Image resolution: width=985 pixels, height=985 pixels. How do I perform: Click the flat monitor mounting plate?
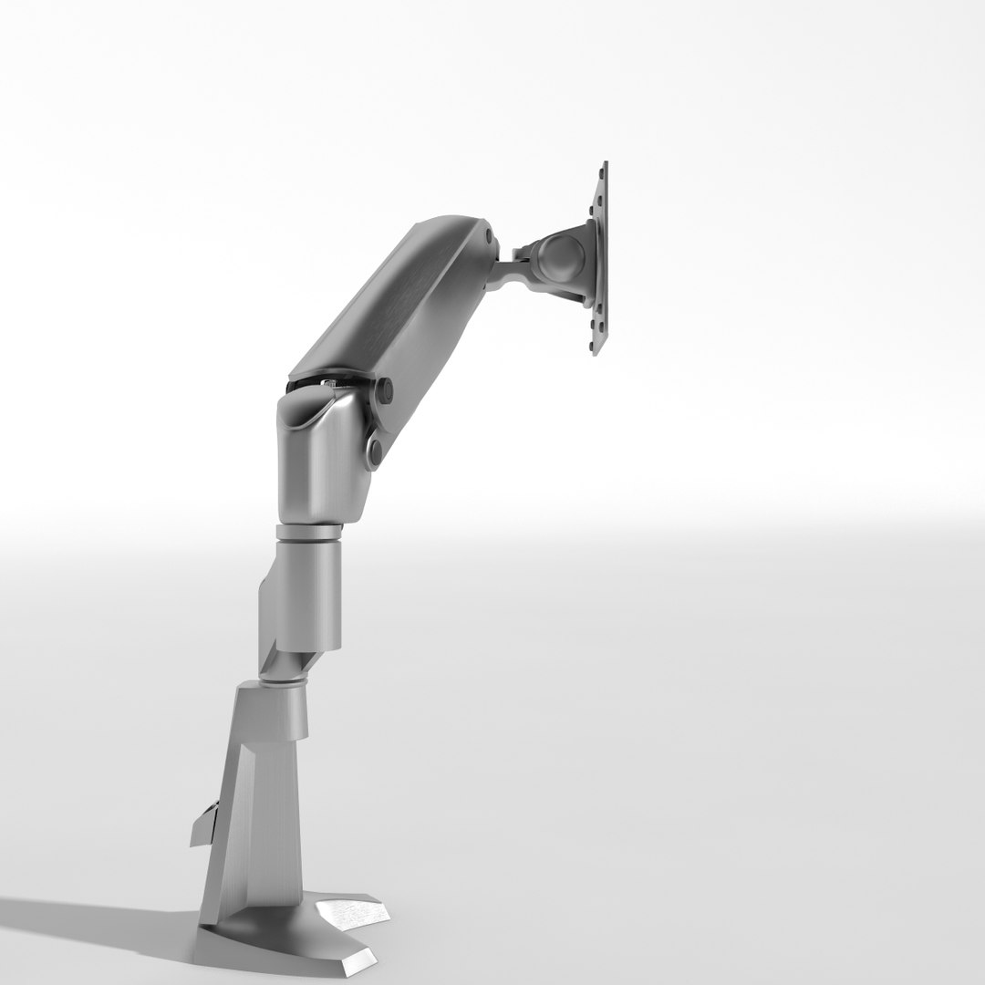(600, 260)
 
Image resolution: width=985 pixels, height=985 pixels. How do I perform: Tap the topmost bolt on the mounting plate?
(604, 167)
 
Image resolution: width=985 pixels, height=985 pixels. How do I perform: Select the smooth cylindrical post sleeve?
(310, 588)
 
